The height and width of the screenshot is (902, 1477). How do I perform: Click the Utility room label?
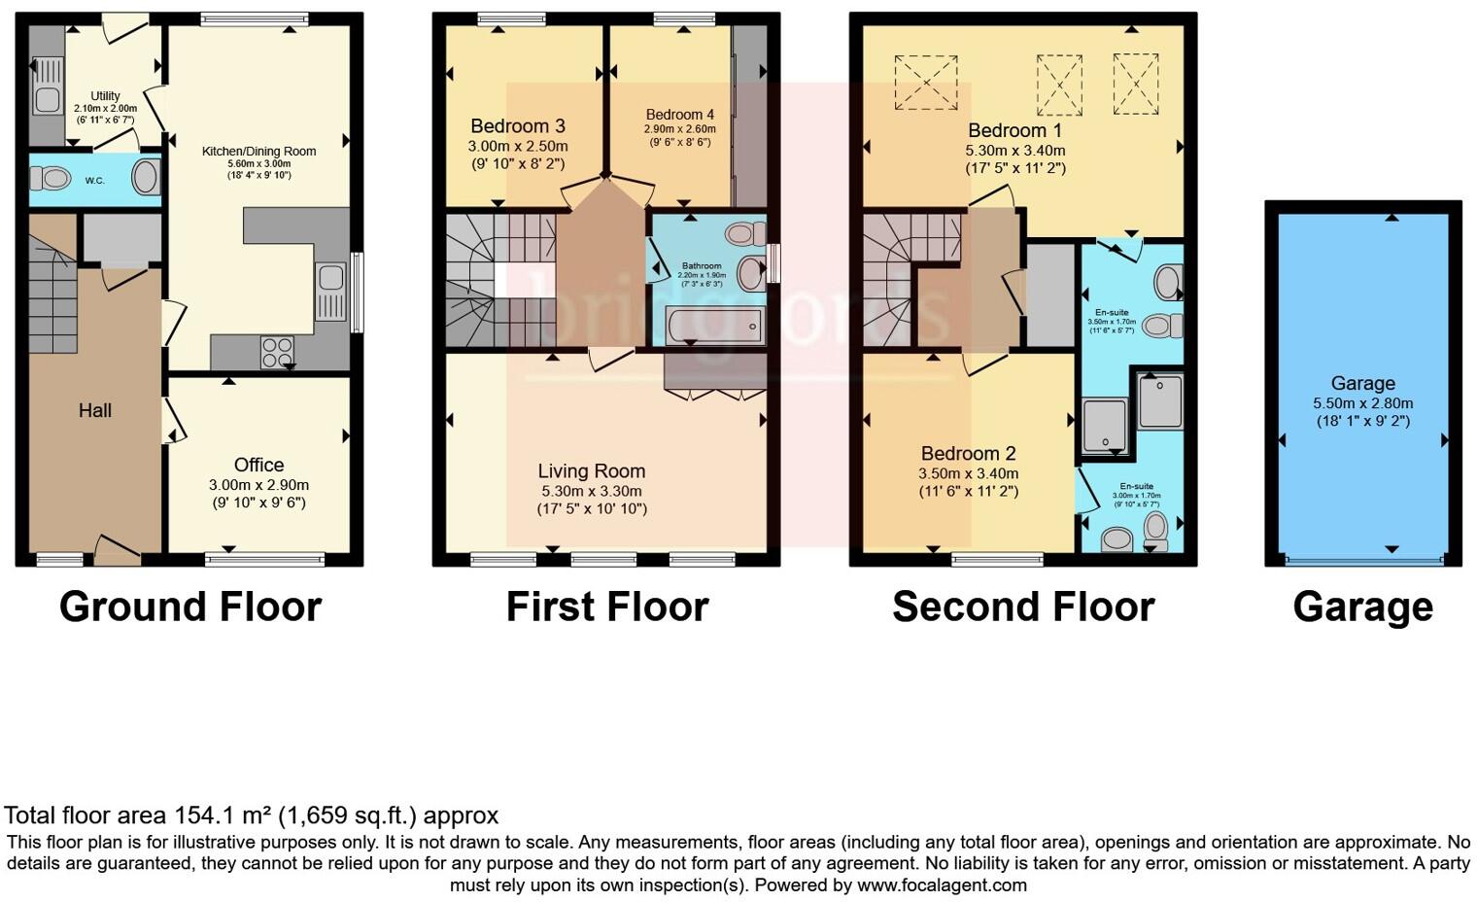click(x=105, y=95)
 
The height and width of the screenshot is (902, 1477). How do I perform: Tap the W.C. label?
click(x=94, y=180)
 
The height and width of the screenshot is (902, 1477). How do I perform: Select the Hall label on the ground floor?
click(x=94, y=410)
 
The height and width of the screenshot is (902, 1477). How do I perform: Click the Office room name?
click(x=258, y=465)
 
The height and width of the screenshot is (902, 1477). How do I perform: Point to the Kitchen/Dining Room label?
click(x=258, y=151)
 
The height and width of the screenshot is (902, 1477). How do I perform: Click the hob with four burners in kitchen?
click(x=277, y=351)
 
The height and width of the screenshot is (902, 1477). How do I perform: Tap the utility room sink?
click(x=47, y=99)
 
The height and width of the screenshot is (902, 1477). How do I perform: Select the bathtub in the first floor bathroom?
click(x=715, y=327)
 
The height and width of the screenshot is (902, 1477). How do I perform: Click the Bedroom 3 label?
click(x=517, y=126)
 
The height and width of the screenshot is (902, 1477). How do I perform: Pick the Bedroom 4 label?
click(x=679, y=115)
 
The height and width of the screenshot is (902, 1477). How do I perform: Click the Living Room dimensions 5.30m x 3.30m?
click(x=591, y=490)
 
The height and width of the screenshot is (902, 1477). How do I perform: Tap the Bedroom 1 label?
click(x=1014, y=130)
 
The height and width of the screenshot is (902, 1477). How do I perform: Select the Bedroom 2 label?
click(x=968, y=453)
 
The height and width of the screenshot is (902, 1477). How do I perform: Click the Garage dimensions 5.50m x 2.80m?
click(x=1362, y=403)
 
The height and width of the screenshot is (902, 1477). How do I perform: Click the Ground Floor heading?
click(x=190, y=607)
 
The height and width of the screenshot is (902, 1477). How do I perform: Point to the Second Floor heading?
click(x=1023, y=607)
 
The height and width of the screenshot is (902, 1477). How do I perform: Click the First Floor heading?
click(x=607, y=607)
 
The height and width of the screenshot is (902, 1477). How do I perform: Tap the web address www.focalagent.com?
click(x=940, y=885)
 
